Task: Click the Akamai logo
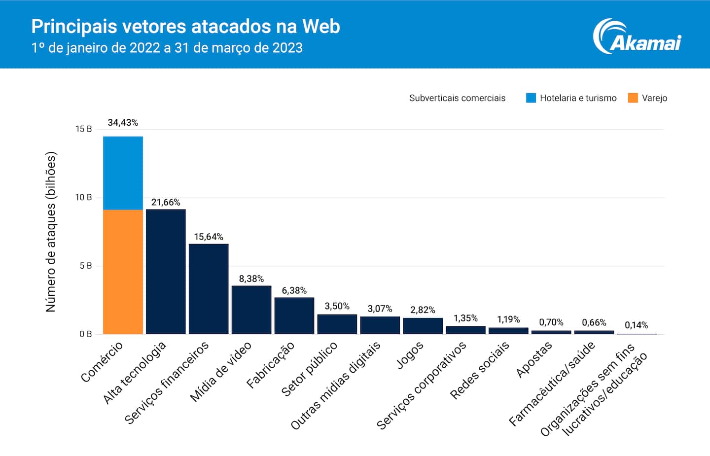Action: click(637, 37)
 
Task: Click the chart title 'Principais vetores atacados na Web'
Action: click(185, 27)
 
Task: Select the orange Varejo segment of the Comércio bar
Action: click(123, 272)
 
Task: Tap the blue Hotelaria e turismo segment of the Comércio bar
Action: click(123, 173)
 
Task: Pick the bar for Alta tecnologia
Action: click(166, 272)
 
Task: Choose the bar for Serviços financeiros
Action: click(209, 289)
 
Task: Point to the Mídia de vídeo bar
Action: click(251, 310)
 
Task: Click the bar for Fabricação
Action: click(294, 316)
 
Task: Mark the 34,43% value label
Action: click(123, 122)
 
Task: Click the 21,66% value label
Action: click(166, 202)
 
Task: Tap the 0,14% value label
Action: click(636, 325)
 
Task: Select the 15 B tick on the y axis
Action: click(83, 129)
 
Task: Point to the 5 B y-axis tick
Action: click(85, 266)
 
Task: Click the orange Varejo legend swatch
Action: click(633, 98)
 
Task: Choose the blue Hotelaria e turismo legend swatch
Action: click(531, 98)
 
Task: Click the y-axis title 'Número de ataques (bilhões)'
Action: click(51, 232)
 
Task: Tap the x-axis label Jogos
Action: click(410, 355)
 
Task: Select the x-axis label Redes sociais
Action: click(479, 370)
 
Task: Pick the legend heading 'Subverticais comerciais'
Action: click(457, 98)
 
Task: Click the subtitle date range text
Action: click(167, 48)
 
